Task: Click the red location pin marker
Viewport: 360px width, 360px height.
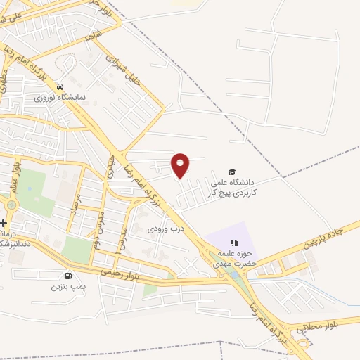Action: (x=181, y=165)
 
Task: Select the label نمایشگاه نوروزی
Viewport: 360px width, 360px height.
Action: (x=61, y=96)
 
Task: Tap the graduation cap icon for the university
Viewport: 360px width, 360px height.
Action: (x=231, y=172)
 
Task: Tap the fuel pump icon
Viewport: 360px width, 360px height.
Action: (x=68, y=275)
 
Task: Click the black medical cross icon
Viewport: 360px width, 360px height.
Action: (x=4, y=222)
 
